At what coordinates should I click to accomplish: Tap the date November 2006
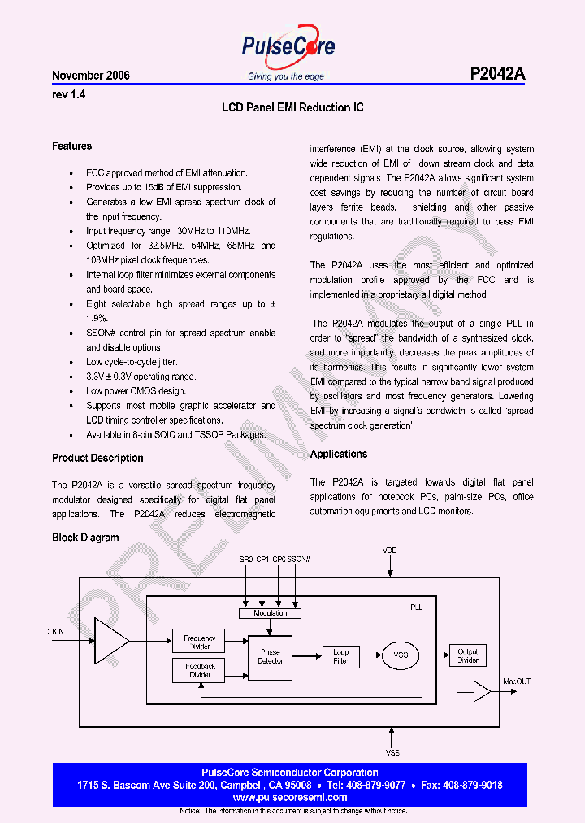[x=91, y=76]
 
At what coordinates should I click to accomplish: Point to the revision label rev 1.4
[x=69, y=94]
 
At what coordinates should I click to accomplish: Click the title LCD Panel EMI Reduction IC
[x=292, y=107]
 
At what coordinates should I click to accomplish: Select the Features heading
[x=72, y=146]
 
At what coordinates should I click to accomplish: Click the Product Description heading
[x=97, y=458]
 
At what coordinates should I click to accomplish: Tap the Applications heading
[x=339, y=454]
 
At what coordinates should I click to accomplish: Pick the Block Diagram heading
[x=85, y=538]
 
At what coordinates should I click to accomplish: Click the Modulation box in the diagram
[x=270, y=613]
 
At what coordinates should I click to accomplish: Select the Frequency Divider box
[x=198, y=642]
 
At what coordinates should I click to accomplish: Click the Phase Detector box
[x=270, y=656]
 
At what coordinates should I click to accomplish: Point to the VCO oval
[x=401, y=656]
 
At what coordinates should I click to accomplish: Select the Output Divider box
[x=468, y=655]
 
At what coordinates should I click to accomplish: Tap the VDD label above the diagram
[x=391, y=551]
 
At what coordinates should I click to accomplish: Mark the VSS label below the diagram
[x=391, y=753]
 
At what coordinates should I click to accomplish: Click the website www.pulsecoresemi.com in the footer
[x=290, y=798]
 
